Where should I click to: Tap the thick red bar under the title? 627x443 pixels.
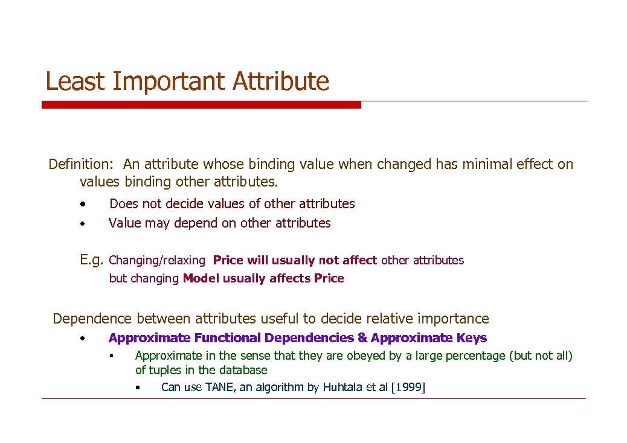[201, 104]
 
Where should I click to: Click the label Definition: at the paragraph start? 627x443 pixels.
[82, 164]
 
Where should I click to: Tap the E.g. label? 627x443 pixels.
[92, 260]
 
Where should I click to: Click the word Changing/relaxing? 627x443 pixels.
[157, 261]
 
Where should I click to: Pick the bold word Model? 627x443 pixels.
[201, 278]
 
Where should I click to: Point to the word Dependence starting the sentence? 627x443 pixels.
[91, 319]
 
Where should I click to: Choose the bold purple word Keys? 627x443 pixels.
[472, 338]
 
